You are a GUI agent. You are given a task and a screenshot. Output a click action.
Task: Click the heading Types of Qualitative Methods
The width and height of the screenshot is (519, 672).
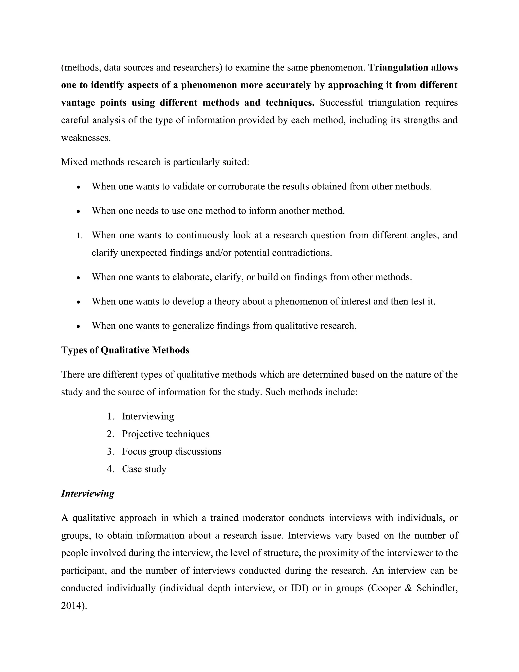click(x=125, y=350)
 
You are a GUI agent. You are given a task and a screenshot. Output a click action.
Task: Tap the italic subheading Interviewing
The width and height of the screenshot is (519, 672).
click(x=88, y=493)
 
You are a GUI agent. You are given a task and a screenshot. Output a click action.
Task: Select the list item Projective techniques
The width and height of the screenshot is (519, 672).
click(x=165, y=434)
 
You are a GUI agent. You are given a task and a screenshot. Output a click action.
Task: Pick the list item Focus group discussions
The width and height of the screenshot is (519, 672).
click(x=172, y=452)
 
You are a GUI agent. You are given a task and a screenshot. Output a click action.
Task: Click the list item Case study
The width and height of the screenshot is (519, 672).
click(x=144, y=469)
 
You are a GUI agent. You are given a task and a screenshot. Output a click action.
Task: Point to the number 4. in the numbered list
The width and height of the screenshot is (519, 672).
click(x=110, y=469)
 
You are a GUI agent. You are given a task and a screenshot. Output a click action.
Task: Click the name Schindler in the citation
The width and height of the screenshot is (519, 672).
click(x=437, y=588)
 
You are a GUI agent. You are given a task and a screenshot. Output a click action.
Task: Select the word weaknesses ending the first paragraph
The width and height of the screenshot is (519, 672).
click(x=85, y=138)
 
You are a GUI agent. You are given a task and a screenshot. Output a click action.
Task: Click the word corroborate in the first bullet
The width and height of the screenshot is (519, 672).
click(x=241, y=186)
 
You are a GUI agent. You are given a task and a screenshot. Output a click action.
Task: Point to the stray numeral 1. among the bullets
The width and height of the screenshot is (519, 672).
click(x=79, y=236)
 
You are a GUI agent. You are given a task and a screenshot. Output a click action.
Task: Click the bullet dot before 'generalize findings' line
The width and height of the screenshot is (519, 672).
click(x=79, y=326)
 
